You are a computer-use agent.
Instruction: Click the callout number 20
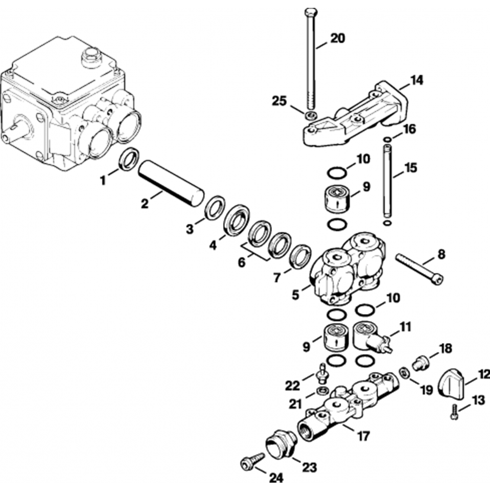click(337, 39)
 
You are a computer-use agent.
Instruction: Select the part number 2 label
click(145, 203)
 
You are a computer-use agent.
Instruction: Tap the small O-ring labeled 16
click(387, 140)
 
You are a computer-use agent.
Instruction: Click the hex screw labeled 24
click(251, 461)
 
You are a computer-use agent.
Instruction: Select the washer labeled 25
click(310, 116)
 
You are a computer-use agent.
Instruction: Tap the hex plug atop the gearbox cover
click(91, 57)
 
